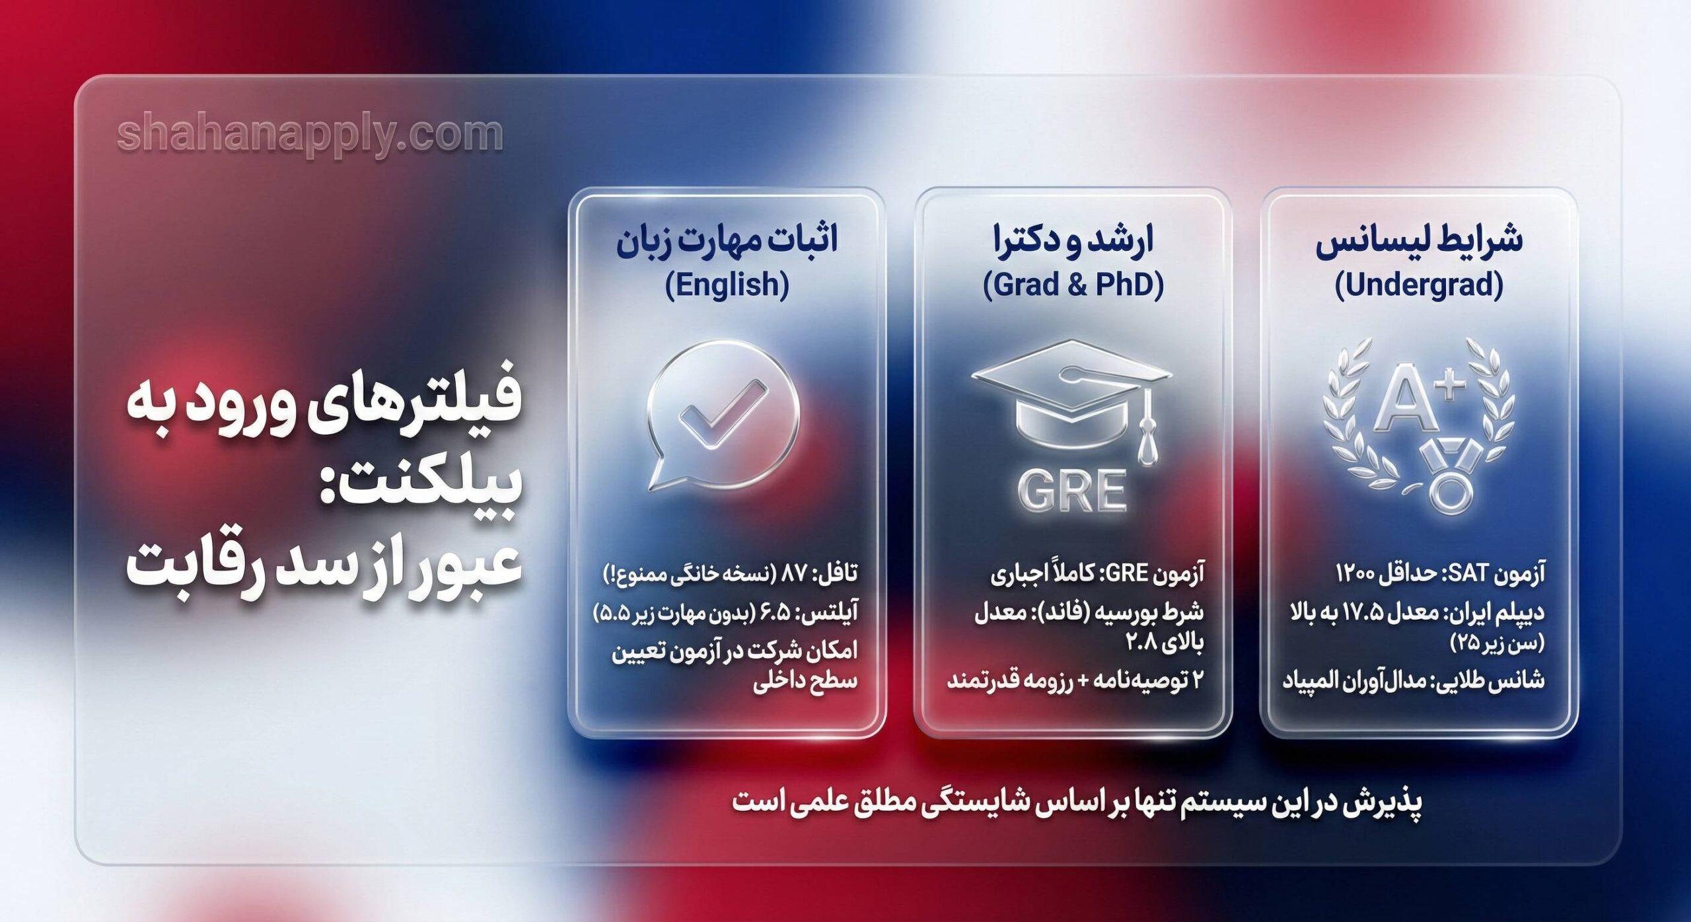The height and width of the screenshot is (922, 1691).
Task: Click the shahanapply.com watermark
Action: [310, 135]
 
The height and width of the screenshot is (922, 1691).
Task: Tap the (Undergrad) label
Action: [1418, 285]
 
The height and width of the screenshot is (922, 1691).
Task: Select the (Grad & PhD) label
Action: [1073, 285]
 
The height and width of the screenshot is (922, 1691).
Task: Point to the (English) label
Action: [727, 285]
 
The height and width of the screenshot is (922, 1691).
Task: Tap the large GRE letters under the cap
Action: [1071, 491]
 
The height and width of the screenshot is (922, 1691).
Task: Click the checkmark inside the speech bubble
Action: [723, 415]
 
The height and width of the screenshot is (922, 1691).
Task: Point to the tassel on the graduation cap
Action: [1147, 443]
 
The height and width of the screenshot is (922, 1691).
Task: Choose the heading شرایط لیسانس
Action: [1418, 239]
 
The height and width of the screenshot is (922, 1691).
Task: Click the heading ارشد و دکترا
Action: [1073, 239]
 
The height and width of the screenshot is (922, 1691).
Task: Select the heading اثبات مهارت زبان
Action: [727, 239]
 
